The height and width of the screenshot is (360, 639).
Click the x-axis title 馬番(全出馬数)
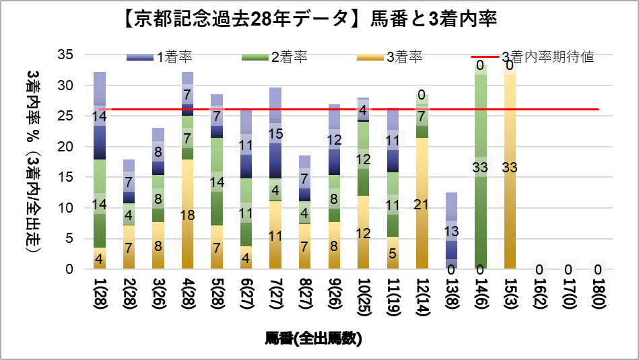pyautogui.click(x=313, y=338)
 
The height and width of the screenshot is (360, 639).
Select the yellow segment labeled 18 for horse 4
pyautogui.click(x=187, y=215)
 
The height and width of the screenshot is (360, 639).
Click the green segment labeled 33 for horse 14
pyautogui.click(x=481, y=168)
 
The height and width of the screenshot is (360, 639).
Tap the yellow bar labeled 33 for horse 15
pyautogui.click(x=510, y=168)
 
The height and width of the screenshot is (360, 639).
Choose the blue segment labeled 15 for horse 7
pyautogui.click(x=275, y=134)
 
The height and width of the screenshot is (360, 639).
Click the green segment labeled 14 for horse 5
pyautogui.click(x=217, y=182)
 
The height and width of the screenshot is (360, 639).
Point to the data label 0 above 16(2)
pyautogui.click(x=539, y=270)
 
